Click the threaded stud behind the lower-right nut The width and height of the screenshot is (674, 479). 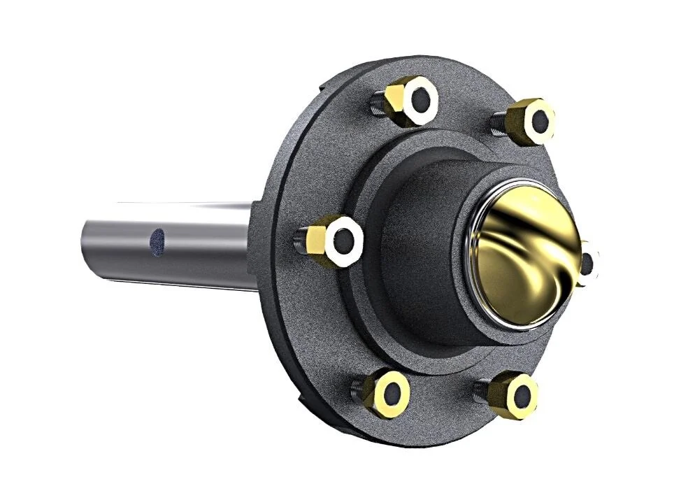[481, 390]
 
